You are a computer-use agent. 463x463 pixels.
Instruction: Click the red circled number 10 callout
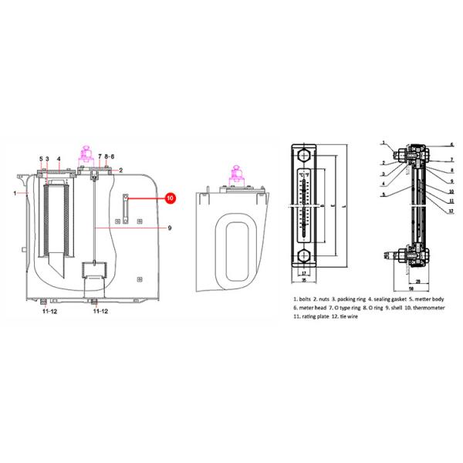(170, 198)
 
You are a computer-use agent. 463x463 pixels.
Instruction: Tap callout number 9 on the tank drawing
(169, 228)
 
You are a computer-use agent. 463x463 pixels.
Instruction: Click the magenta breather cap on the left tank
(87, 151)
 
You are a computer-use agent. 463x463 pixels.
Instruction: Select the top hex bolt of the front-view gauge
(304, 155)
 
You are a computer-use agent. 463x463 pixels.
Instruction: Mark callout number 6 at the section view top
(451, 144)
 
